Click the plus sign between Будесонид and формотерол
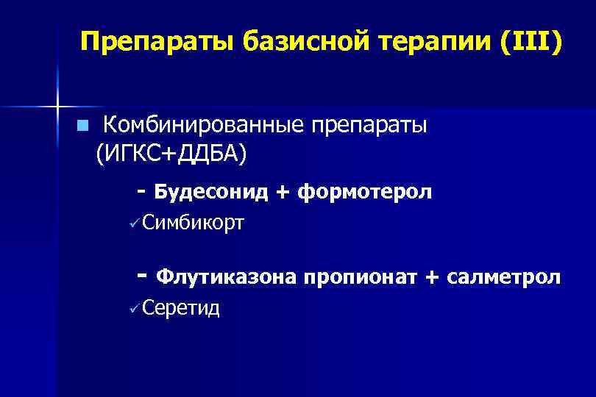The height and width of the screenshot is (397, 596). [283, 193]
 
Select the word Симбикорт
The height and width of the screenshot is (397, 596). [193, 221]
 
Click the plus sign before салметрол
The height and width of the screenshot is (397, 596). [432, 277]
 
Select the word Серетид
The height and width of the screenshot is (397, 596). [182, 307]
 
